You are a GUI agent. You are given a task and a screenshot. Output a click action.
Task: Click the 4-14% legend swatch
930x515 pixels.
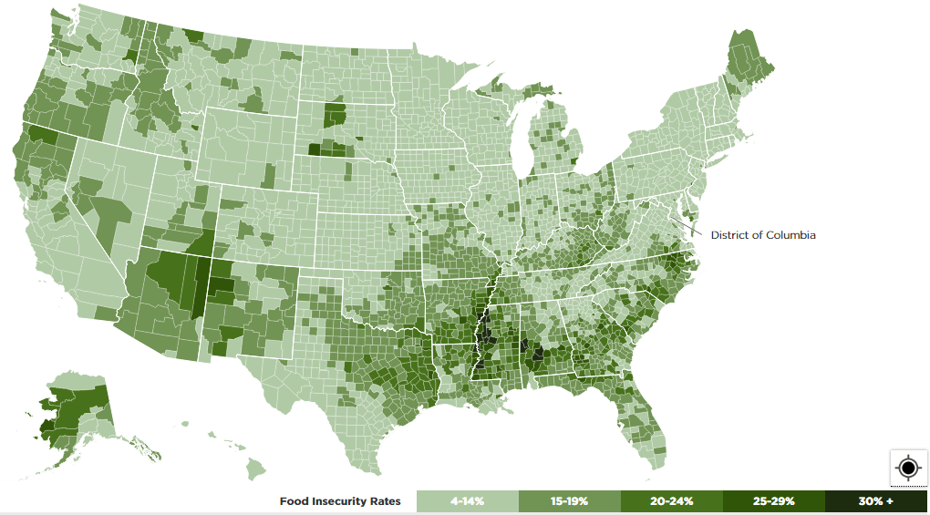point(467,501)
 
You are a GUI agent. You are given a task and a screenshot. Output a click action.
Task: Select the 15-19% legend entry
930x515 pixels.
point(569,501)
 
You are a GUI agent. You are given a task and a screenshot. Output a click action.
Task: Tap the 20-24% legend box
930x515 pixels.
point(671,501)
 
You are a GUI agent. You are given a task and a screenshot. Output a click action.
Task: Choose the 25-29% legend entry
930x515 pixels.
point(773,501)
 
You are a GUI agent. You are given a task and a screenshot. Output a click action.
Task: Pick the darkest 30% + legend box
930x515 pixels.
point(875,501)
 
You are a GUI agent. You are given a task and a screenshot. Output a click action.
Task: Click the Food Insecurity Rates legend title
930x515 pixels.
point(339,501)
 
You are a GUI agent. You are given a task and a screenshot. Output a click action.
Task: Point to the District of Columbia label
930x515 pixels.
point(763,235)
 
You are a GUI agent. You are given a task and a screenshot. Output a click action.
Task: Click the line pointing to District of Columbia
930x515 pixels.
point(693,228)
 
